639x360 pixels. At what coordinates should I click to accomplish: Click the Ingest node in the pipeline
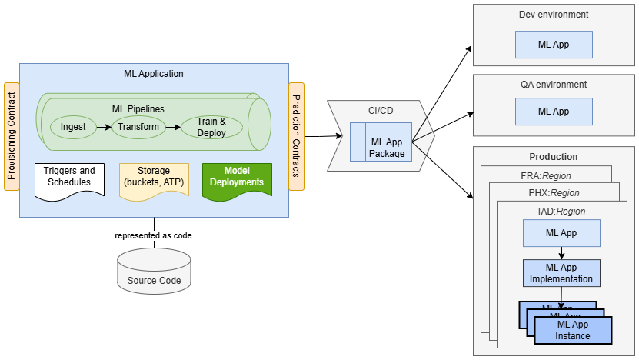73,126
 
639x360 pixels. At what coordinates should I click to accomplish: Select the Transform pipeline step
138,126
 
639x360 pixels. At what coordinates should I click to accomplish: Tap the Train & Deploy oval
211,127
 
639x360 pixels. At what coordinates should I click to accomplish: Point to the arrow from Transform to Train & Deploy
173,126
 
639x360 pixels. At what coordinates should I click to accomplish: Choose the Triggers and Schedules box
69,178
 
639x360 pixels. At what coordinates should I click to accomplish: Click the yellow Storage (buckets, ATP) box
154,177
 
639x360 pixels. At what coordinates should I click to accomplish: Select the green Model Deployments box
238,177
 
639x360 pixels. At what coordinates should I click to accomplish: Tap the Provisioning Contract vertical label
11,135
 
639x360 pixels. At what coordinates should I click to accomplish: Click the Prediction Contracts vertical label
296,135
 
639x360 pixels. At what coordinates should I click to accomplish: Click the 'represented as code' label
153,235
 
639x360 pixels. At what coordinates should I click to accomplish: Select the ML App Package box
387,148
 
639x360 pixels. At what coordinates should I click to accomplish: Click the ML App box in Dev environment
554,45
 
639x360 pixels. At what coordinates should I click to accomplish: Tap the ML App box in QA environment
554,112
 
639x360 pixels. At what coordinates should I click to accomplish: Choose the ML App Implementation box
561,273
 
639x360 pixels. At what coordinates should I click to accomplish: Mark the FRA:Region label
546,176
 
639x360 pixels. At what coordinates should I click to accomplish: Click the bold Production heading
554,157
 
